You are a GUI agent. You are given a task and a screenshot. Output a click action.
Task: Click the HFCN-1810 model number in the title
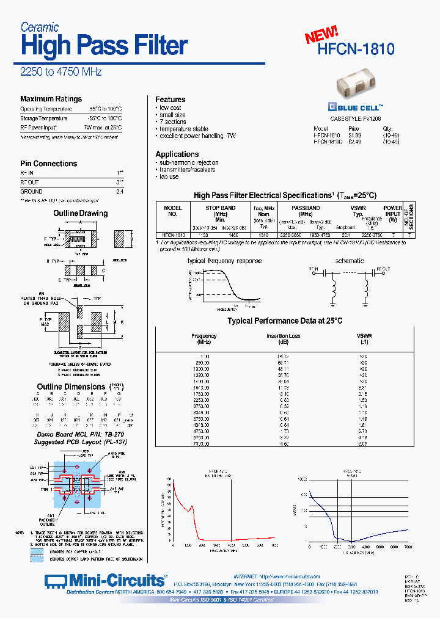point(356,49)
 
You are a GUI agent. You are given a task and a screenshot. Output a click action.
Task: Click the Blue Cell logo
point(356,104)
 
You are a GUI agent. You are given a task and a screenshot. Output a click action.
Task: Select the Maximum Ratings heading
point(51,99)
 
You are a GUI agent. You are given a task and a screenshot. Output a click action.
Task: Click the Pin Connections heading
point(48,164)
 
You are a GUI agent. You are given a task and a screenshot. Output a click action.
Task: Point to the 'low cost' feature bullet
point(170,108)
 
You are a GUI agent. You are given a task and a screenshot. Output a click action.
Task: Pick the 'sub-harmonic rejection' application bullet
point(189,163)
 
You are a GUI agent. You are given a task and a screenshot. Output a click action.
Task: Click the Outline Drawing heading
point(80,214)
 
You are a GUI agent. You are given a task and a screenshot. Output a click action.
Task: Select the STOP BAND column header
point(220,208)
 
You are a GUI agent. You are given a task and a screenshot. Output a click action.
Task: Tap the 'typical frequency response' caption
point(224,261)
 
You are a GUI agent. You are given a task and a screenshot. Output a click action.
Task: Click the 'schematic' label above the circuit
point(350,261)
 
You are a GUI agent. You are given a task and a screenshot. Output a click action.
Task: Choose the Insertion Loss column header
point(284,336)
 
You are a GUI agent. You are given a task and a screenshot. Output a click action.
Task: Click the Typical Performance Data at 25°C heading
point(285,321)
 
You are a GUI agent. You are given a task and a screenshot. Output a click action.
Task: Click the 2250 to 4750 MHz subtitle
point(61,71)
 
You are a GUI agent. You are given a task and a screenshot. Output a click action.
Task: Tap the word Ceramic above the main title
point(40,27)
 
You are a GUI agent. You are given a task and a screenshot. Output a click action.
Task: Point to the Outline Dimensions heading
point(71,387)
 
